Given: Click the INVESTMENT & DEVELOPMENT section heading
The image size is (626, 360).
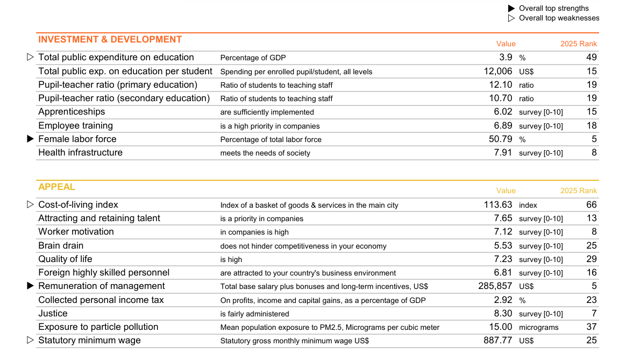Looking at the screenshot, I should [110, 40].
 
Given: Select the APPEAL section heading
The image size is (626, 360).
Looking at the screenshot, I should [56, 187].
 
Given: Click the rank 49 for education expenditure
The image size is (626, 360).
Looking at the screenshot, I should [591, 58].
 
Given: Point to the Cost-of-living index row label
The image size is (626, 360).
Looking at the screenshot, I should [78, 205].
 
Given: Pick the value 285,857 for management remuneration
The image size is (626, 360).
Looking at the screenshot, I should [495, 286].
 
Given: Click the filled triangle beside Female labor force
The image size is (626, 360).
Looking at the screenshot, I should [30, 139].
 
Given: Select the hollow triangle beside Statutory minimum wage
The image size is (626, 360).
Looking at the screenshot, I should [30, 340].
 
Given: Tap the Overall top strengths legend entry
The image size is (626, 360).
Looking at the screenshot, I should [553, 9].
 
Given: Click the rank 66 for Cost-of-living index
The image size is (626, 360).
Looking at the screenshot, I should [591, 205].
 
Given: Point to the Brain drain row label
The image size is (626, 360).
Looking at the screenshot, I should [61, 246].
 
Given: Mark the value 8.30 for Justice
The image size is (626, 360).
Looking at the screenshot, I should [503, 314].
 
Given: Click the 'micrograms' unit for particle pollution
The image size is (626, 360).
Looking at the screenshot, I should [538, 327].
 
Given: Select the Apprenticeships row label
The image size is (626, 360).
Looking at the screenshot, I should [72, 112].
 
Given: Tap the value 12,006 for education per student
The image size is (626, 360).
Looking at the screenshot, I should [498, 72].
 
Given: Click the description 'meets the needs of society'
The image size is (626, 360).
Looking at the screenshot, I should [265, 153].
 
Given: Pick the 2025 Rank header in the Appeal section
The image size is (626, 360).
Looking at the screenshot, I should [578, 191].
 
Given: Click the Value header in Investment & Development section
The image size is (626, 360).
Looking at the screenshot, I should [506, 44].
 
